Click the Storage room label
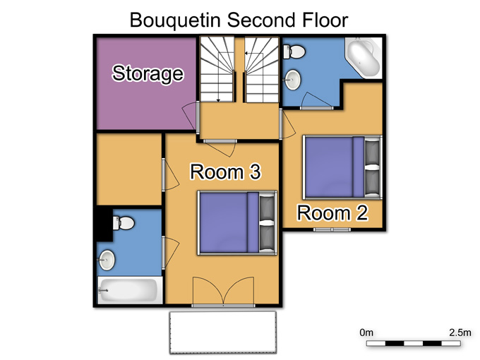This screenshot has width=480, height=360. [148, 73]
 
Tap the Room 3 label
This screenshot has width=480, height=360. [225, 172]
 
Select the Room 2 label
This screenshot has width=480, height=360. [332, 212]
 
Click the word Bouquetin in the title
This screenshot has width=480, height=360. [175, 20]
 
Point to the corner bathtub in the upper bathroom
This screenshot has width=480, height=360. [364, 58]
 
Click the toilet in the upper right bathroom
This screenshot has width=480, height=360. [294, 52]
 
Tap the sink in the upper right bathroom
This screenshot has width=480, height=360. [293, 80]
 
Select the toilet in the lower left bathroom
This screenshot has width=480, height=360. [124, 223]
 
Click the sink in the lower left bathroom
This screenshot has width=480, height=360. [106, 260]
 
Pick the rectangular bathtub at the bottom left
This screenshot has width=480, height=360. [130, 290]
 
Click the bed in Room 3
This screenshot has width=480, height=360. [237, 222]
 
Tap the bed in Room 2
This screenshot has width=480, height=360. [342, 167]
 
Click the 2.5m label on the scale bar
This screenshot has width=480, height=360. [460, 332]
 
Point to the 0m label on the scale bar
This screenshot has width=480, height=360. [366, 332]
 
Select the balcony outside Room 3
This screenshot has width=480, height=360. [223, 332]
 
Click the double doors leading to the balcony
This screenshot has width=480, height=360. [224, 292]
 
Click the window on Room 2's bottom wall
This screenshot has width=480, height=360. [332, 229]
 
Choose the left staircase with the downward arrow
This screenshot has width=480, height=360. [217, 69]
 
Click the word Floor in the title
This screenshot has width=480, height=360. [325, 20]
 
